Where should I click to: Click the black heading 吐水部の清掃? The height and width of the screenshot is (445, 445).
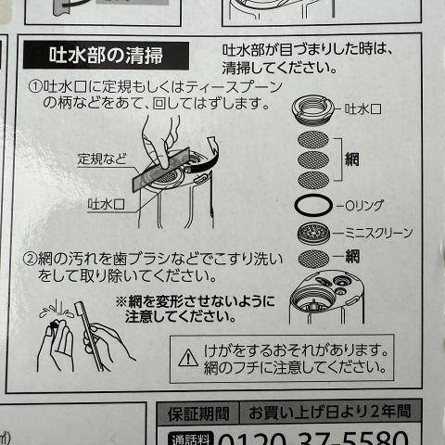(x=106, y=56)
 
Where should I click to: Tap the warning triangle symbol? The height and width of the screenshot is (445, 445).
(x=188, y=358)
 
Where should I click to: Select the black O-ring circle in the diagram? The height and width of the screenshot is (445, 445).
(x=313, y=205)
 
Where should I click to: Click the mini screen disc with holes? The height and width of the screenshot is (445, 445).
(x=313, y=234)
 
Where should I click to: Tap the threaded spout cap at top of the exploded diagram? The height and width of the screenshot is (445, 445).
(x=312, y=110)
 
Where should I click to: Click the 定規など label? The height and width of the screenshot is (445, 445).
(x=102, y=159)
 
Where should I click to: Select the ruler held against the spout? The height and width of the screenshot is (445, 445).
(x=160, y=170)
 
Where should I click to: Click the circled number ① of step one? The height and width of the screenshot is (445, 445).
(x=35, y=86)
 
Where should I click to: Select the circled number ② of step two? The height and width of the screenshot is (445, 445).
(x=31, y=259)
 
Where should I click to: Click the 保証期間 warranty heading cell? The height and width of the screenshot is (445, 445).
(x=198, y=414)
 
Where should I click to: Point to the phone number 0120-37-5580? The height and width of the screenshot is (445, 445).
(x=312, y=439)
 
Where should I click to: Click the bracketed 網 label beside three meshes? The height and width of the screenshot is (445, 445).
(x=351, y=159)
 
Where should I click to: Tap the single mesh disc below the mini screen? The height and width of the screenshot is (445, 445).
(x=313, y=259)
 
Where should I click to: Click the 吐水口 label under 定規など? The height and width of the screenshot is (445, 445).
(x=107, y=205)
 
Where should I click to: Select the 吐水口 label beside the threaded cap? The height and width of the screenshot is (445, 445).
(x=362, y=109)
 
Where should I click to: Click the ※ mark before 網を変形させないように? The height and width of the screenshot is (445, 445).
(x=121, y=301)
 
